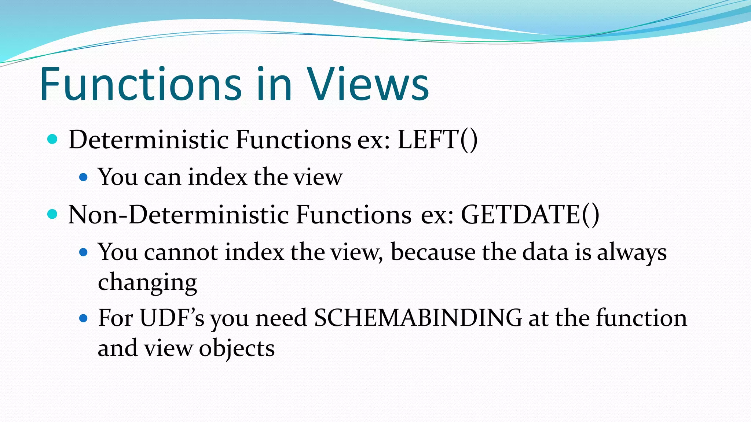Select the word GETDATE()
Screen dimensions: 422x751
[530, 214]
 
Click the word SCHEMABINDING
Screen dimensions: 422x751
[418, 318]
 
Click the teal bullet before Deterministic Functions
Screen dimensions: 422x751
[53, 140]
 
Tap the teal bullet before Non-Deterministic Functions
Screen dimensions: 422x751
[53, 214]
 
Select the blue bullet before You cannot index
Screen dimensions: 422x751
[84, 252]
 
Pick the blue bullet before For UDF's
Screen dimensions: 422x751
[84, 318]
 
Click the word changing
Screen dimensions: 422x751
[147, 282]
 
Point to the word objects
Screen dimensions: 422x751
[237, 348]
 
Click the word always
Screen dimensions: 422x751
[631, 252]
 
